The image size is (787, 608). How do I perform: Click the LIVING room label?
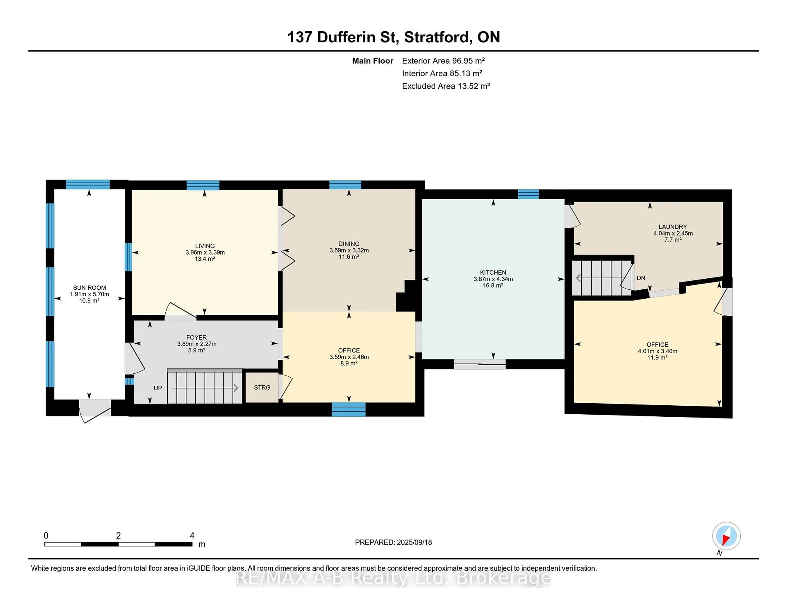point(205,246)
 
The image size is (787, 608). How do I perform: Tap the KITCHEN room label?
point(493,273)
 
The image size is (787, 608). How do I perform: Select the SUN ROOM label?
point(89,288)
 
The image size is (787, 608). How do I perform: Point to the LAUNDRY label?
point(673,227)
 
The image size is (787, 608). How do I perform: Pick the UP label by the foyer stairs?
point(158,388)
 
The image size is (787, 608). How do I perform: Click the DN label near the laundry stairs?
point(641,278)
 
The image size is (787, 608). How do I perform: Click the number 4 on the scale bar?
point(192,536)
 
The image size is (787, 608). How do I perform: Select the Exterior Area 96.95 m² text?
point(443,61)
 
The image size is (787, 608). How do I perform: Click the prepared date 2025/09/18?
point(414,542)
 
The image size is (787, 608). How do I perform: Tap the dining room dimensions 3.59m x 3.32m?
point(349,250)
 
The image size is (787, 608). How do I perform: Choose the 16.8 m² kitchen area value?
point(493,286)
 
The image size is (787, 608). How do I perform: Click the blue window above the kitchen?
point(528,194)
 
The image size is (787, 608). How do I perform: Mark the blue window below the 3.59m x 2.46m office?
point(348,409)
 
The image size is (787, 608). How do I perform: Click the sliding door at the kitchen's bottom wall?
point(480,364)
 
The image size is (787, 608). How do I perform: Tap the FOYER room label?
point(196,338)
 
